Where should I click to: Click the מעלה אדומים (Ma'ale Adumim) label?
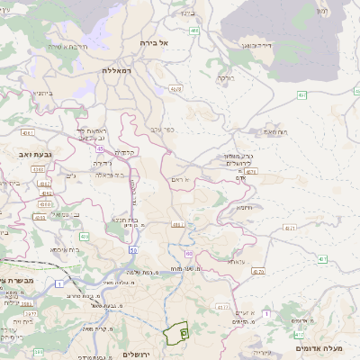tap(323, 347)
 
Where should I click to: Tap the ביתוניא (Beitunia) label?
tap(42, 93)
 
